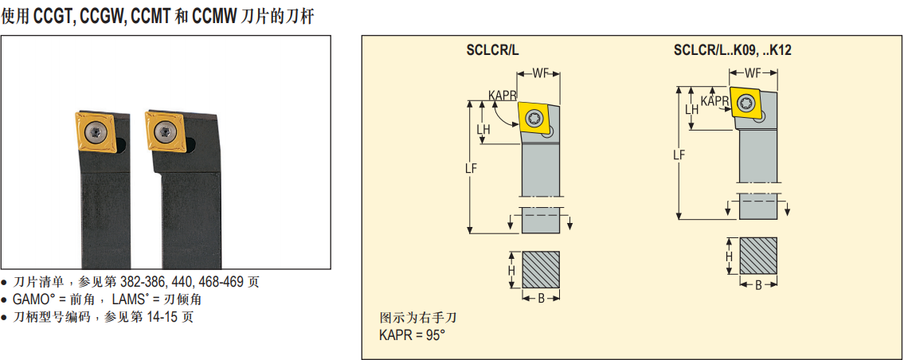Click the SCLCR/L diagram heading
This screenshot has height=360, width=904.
[492, 50]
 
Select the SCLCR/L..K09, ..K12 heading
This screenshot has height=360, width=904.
[732, 50]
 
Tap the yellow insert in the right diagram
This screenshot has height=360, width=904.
[747, 104]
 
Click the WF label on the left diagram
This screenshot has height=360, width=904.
[541, 74]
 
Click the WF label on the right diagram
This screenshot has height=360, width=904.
[753, 73]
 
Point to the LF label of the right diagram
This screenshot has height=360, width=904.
[678, 155]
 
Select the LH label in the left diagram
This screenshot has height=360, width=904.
[483, 129]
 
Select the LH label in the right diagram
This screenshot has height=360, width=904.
[691, 110]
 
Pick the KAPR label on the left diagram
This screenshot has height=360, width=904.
[503, 96]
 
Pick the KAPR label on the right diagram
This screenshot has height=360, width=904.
[714, 100]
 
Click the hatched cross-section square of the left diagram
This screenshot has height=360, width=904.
[541, 271]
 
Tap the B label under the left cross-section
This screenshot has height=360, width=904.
[541, 298]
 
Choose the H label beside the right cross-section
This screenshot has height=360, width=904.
[728, 256]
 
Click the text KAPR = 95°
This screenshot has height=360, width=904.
[411, 335]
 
